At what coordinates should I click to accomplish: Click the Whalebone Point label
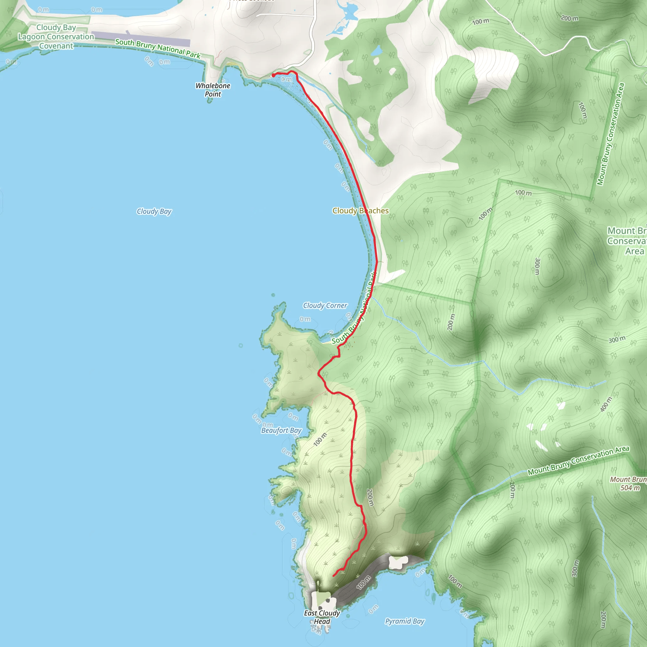(213, 90)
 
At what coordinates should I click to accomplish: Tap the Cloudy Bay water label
(154, 211)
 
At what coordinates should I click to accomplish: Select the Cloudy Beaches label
(360, 211)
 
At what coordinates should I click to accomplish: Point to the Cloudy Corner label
(325, 305)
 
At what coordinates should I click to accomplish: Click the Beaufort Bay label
(281, 430)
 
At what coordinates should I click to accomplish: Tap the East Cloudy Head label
(322, 617)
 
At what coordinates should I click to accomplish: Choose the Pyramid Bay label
(405, 621)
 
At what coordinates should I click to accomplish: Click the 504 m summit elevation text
(630, 488)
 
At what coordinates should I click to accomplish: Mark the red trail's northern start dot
(273, 76)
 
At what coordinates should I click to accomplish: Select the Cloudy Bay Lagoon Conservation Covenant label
(56, 37)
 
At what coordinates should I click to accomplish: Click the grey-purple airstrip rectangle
(141, 39)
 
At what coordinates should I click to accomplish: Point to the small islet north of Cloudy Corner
(273, 295)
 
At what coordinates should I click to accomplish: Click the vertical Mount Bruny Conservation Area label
(610, 134)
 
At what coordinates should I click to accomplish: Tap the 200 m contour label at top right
(569, 18)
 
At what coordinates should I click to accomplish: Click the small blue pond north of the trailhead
(377, 51)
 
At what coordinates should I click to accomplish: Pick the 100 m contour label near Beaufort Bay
(320, 439)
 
